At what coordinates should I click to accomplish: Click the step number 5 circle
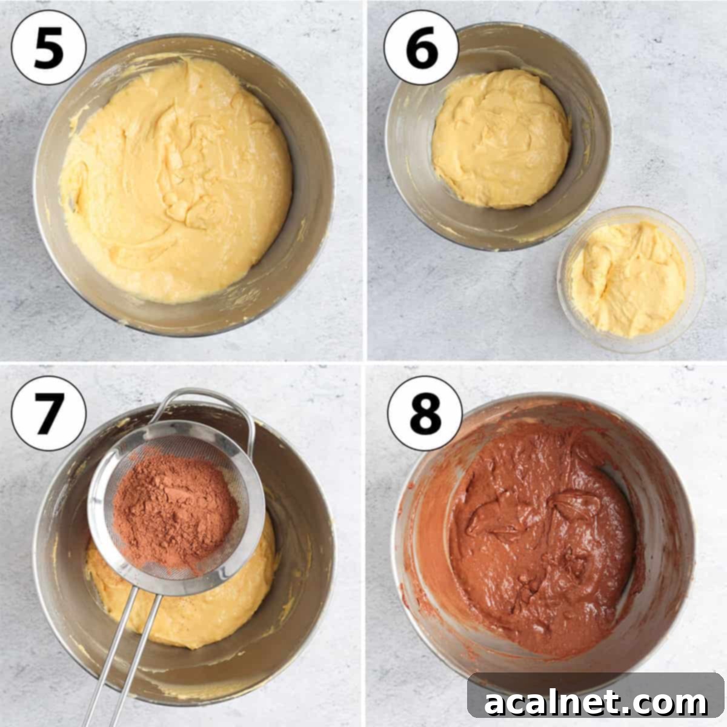coord(48,47)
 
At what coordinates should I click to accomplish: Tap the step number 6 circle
coord(422,47)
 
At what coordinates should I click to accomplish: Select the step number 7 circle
coord(48,413)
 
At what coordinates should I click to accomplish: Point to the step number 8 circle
coord(425,413)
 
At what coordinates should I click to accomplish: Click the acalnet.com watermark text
coord(596,703)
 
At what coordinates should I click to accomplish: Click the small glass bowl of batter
coord(631,279)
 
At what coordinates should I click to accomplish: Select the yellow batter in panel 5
coord(176,181)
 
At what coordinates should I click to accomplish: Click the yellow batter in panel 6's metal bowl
coord(501,139)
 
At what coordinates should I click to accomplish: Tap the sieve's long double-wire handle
coord(125,652)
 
